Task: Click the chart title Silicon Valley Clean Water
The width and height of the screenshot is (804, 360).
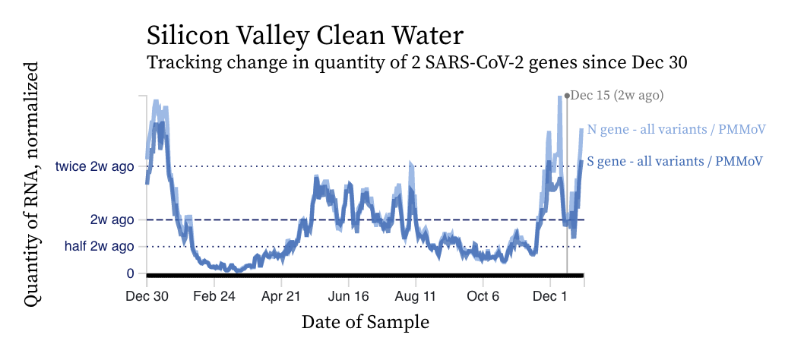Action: [x=305, y=36]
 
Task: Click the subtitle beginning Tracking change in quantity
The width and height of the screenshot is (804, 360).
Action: [x=417, y=63]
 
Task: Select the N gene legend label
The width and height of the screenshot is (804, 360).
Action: [x=676, y=129]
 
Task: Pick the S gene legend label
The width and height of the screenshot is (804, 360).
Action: [x=675, y=161]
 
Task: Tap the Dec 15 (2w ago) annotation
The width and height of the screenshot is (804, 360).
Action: [x=617, y=96]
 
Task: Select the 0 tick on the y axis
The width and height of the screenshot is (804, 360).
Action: [x=131, y=273]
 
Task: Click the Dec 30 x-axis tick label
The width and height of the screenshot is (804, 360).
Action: [x=147, y=296]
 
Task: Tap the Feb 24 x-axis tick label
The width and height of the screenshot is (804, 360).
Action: [x=214, y=296]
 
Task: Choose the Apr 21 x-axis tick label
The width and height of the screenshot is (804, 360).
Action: [x=281, y=296]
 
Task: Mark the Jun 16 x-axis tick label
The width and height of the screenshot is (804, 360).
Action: [x=348, y=296]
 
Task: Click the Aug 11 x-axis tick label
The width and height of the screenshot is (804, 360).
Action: [x=416, y=296]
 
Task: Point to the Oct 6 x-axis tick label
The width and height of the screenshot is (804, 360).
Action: [x=483, y=296]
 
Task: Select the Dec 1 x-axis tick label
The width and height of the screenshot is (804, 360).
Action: [x=549, y=296]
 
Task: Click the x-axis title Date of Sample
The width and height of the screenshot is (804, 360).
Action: [x=365, y=322]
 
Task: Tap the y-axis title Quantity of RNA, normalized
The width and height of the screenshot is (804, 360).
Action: [x=32, y=185]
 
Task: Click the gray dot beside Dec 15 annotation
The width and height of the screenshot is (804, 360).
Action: [x=567, y=96]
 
